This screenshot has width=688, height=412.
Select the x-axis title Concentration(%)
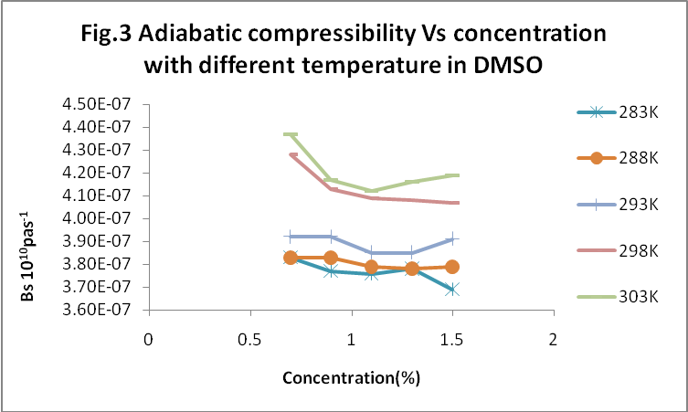pyautogui.click(x=351, y=376)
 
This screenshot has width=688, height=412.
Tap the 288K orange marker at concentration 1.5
pyautogui.click(x=451, y=267)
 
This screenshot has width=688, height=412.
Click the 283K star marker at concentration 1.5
pyautogui.click(x=451, y=290)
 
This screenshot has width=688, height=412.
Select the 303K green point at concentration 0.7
pyautogui.click(x=291, y=134)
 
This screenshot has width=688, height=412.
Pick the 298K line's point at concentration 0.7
pyautogui.click(x=291, y=154)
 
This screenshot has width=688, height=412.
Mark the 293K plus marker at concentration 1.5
pyautogui.click(x=451, y=239)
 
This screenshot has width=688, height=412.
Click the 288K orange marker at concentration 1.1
pyautogui.click(x=371, y=267)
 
